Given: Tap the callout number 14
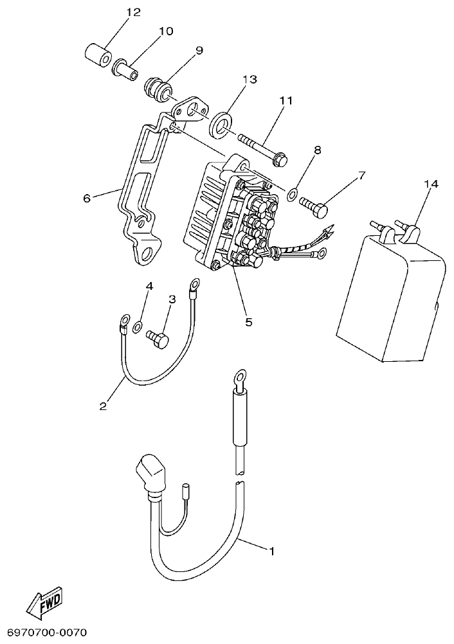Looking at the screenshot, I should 431,184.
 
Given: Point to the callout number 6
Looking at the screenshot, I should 86,199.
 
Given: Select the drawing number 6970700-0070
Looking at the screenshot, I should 44,633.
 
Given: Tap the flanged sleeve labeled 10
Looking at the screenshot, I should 126,67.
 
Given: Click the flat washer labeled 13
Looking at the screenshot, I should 222,123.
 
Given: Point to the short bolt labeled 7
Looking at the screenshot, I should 313,205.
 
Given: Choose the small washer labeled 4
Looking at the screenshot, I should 138,328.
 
